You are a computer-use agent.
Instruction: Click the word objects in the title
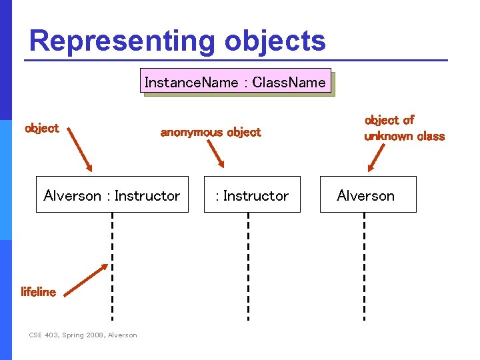click(275, 41)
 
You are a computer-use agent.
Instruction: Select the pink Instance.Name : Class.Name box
click(235, 82)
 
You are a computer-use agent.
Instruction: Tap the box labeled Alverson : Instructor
click(112, 195)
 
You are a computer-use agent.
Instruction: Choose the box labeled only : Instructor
click(252, 195)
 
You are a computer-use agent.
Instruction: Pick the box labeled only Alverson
click(368, 195)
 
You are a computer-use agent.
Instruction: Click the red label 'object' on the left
click(41, 128)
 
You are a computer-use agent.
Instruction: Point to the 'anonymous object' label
click(211, 132)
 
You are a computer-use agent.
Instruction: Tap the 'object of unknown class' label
click(404, 128)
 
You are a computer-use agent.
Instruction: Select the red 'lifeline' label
click(39, 292)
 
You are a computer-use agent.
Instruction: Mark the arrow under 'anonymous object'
click(215, 155)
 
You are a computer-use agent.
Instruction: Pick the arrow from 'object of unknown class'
click(377, 158)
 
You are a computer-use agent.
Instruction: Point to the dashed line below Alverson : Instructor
click(112, 267)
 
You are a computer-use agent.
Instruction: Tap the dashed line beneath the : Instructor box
click(248, 267)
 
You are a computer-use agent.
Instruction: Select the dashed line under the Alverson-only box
click(364, 267)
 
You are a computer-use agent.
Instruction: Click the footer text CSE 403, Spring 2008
click(83, 335)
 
